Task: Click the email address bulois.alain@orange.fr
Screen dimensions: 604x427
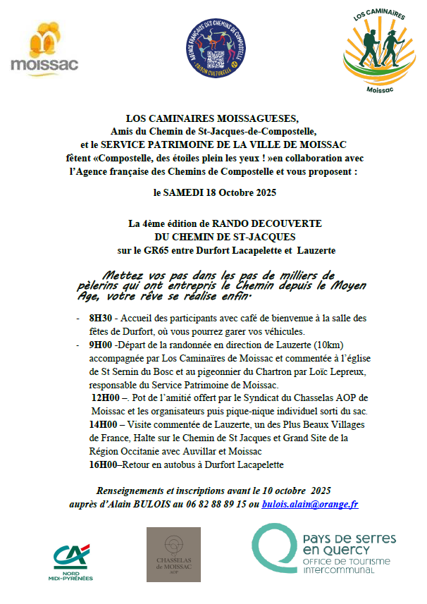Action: [310, 504]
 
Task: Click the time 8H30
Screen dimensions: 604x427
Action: [101, 318]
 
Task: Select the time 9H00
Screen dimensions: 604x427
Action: [101, 345]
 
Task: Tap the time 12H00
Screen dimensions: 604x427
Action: [104, 398]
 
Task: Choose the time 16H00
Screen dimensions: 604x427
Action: [103, 464]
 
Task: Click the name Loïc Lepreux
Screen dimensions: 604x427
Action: [335, 371]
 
